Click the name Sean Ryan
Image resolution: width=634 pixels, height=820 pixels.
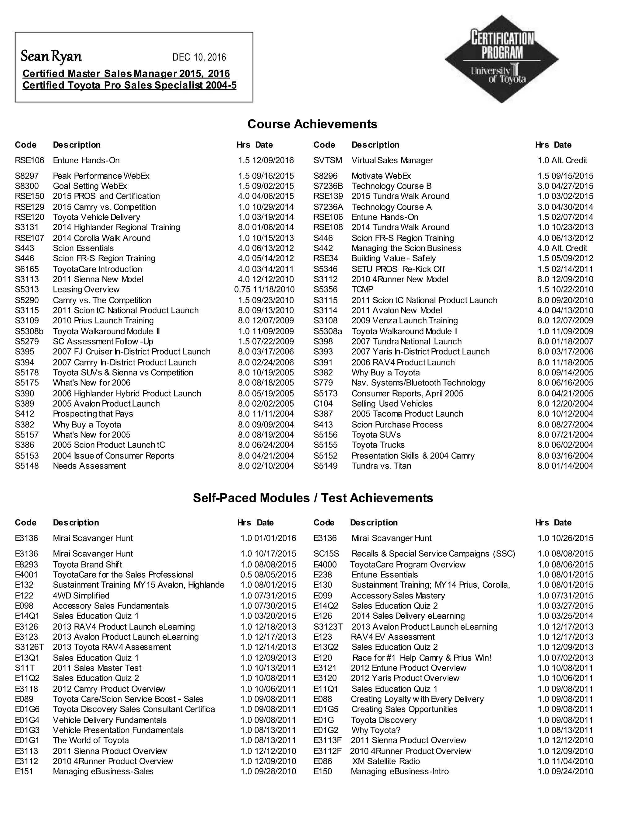coord(51,56)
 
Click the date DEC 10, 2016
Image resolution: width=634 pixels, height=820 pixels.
coord(199,58)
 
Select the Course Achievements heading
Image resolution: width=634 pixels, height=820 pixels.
coord(312,124)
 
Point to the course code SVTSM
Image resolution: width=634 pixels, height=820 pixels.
coord(328,160)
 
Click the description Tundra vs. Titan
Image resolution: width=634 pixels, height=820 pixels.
coord(381,466)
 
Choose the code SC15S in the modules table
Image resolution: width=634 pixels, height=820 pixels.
coord(326,554)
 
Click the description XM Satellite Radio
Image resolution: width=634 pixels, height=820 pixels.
coord(386,761)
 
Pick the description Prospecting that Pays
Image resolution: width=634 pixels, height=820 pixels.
coord(93,414)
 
